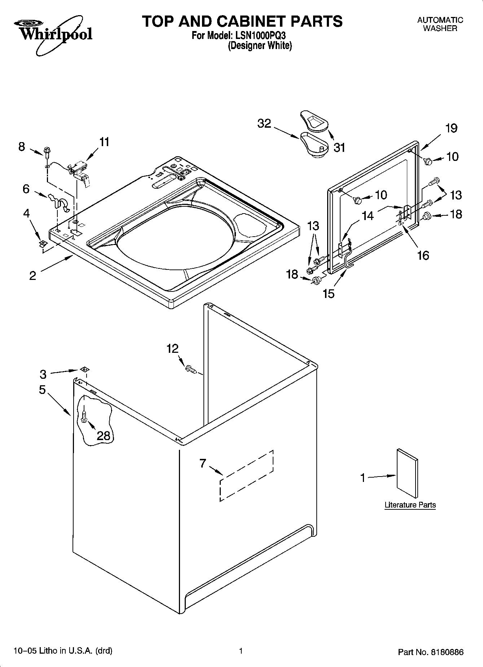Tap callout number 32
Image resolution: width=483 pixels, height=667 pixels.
(x=264, y=124)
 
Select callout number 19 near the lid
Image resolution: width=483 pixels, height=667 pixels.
(x=451, y=128)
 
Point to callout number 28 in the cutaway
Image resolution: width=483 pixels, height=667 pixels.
(x=104, y=436)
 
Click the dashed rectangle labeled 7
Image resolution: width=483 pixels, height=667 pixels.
(x=246, y=476)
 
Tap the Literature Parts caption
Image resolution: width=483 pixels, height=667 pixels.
(x=410, y=505)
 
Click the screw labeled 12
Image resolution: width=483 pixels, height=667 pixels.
(x=190, y=369)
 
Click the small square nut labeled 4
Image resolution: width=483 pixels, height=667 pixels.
(x=43, y=243)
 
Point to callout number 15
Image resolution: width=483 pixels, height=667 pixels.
(x=329, y=294)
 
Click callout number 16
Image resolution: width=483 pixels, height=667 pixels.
(x=423, y=255)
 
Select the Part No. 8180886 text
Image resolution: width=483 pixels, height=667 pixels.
(x=431, y=652)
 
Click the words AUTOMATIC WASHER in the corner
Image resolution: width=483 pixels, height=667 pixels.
(x=440, y=24)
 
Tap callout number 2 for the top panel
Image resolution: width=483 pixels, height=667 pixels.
(x=32, y=276)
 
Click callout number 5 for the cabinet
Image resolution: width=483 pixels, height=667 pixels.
(x=42, y=390)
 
